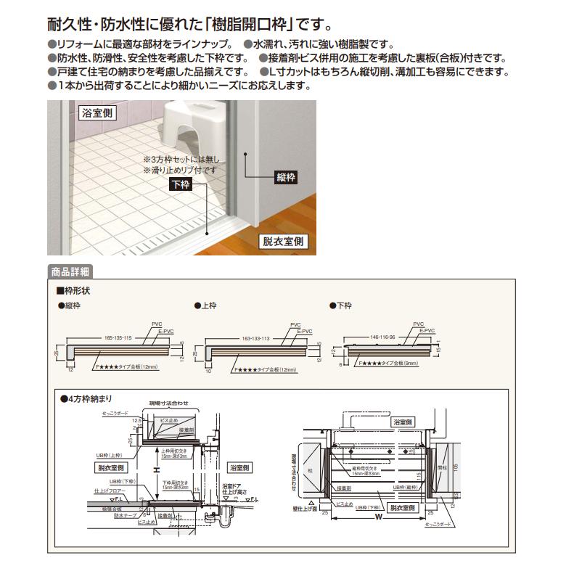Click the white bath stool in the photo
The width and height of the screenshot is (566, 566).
[191, 118]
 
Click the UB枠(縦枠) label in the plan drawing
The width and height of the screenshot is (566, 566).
[408, 488]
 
